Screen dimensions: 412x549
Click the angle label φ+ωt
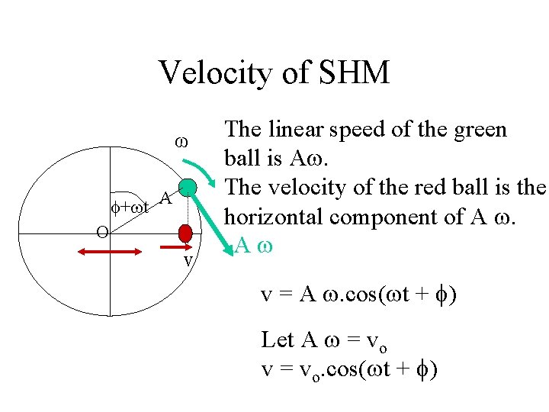click(x=130, y=206)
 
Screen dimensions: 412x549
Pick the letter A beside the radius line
click(x=163, y=200)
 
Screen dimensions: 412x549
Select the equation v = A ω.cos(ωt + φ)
click(x=359, y=295)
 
